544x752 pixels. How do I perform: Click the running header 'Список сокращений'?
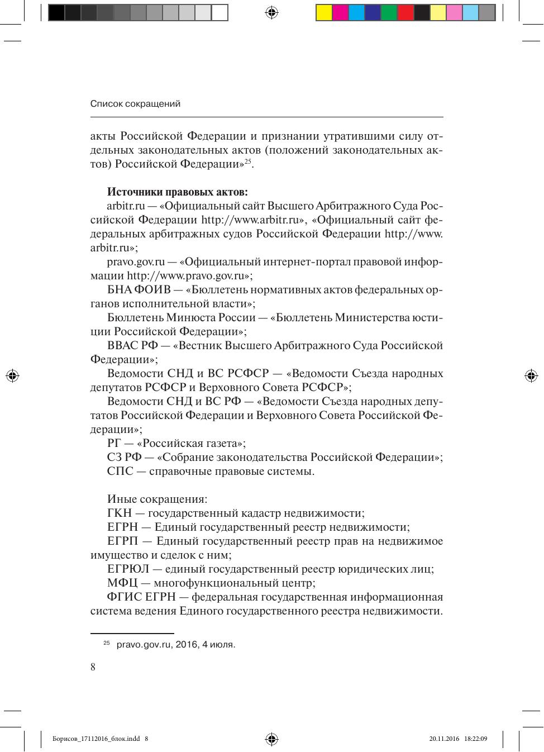tap(135, 104)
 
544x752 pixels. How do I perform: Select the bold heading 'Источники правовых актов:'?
tap(177, 192)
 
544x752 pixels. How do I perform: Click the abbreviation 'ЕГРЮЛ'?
tap(128, 569)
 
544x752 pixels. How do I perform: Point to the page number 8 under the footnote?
tap(93, 667)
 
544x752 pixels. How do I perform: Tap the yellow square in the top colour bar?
tap(324, 12)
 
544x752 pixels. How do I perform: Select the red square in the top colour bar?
tap(405, 12)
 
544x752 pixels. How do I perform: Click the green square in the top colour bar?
tap(389, 12)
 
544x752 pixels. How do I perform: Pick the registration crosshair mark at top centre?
tap(271, 12)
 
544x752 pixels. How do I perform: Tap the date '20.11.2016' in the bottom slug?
tap(444, 739)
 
